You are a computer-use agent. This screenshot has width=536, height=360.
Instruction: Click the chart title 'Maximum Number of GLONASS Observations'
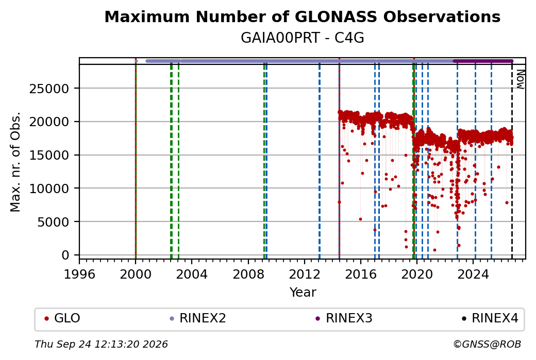coord(302,16)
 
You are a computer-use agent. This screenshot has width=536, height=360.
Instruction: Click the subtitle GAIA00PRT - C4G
coord(302,38)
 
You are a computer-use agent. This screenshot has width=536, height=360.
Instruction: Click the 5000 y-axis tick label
coord(53,222)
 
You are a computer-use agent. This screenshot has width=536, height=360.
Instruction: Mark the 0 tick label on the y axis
coord(65,255)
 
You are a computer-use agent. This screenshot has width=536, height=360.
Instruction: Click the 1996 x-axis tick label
coord(79,274)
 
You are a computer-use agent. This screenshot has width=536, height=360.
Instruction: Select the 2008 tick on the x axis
coord(248,274)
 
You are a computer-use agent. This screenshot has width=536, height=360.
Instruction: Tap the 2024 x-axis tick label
coord(473,274)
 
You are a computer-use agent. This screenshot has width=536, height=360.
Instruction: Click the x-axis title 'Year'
coord(303,293)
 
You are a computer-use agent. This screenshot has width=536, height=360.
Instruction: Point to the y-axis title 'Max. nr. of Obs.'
coord(15,162)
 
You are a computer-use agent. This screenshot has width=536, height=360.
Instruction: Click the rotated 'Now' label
coord(520,79)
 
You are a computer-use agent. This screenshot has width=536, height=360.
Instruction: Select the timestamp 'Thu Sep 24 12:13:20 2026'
coord(101,344)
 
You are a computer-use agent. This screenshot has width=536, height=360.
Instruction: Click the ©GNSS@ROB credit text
coord(487,344)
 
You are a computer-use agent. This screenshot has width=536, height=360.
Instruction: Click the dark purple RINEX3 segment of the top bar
coord(483,61)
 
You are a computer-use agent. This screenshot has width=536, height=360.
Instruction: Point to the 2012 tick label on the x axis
coord(304,274)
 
